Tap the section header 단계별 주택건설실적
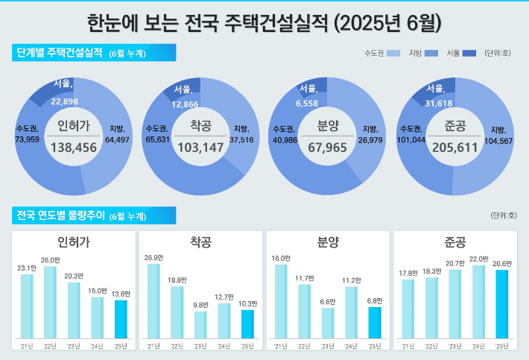tap(58, 53)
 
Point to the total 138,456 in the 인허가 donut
tap(74, 148)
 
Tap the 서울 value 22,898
tap(65, 101)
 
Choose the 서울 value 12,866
tap(185, 104)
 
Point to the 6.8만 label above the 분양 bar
tap(375, 300)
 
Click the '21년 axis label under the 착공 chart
tap(153, 346)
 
